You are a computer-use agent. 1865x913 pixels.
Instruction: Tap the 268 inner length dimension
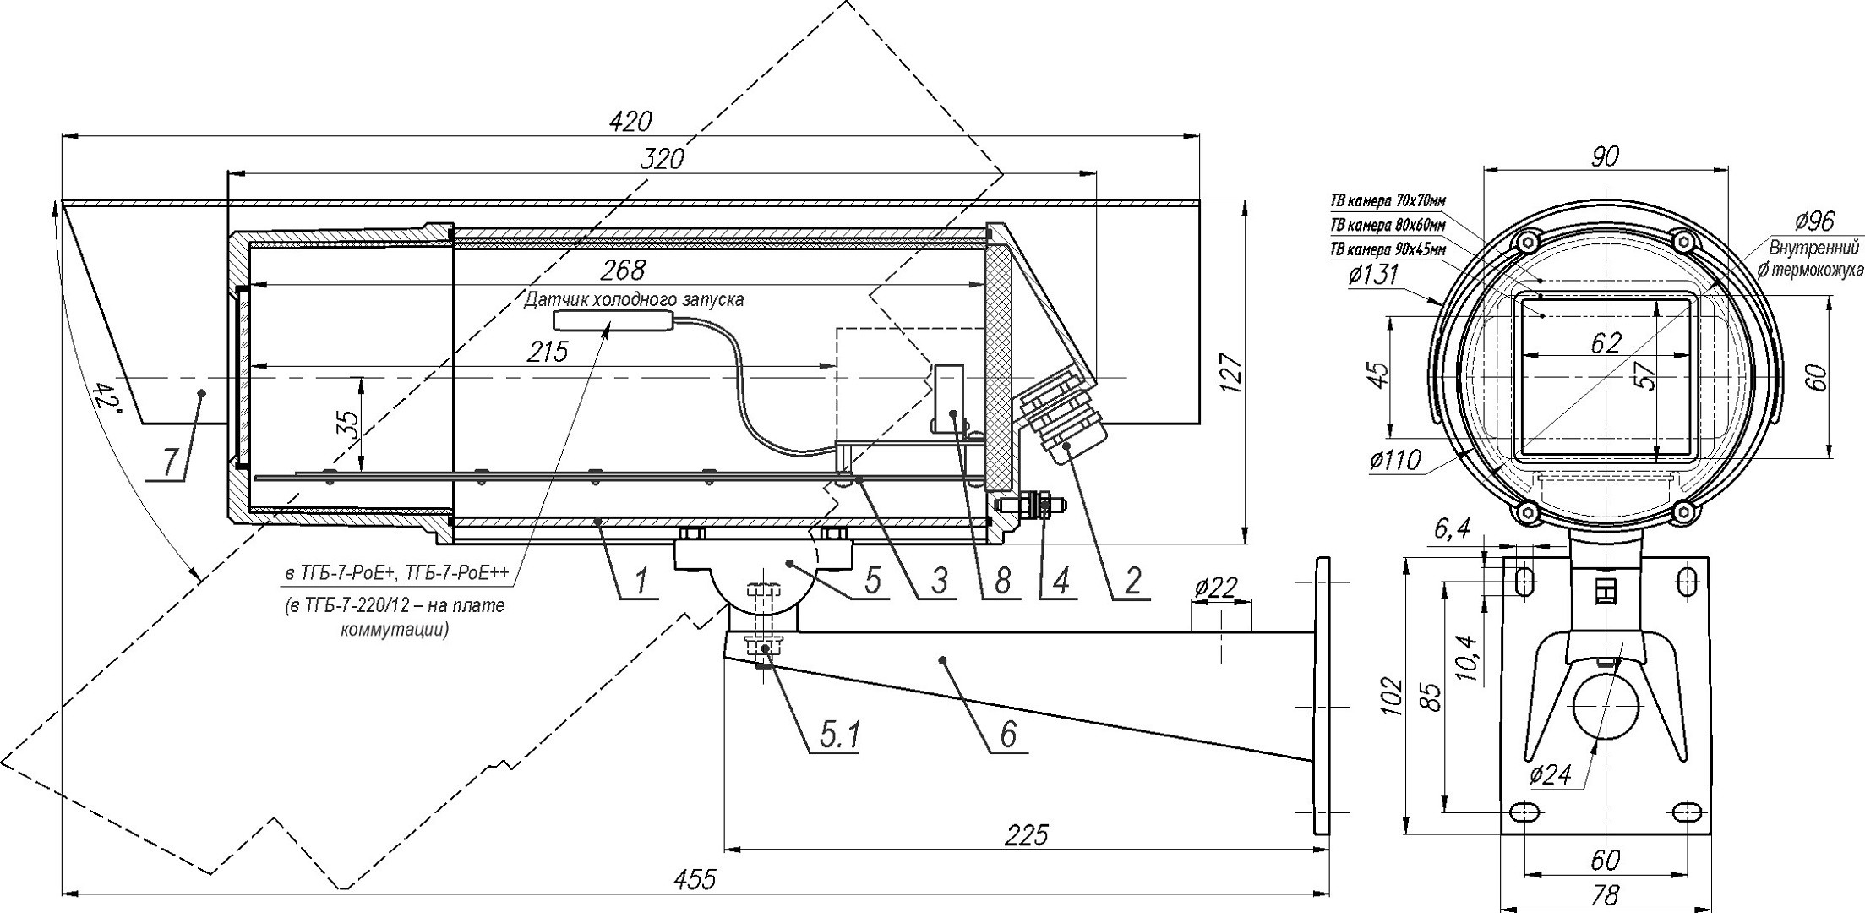[x=623, y=270]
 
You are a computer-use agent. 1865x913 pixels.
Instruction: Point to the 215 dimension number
[x=548, y=352]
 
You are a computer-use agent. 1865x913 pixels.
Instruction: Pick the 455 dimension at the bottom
[x=695, y=879]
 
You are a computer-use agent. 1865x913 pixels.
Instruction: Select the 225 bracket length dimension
[x=1027, y=834]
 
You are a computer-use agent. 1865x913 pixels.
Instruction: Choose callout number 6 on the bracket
[x=1007, y=735]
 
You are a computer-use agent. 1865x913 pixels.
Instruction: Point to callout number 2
[x=1132, y=582]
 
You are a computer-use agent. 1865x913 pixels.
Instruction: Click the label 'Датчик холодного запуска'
[x=634, y=300]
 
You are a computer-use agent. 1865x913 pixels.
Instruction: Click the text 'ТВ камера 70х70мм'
[x=1388, y=201]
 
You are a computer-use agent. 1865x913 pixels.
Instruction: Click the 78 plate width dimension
[x=1605, y=895]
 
